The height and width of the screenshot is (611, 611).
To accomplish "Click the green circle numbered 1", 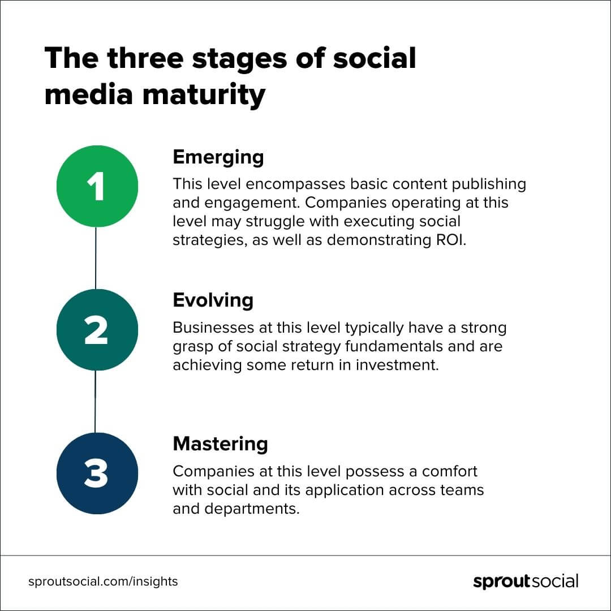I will (97, 186).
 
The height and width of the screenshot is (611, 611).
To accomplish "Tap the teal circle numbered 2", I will (97, 330).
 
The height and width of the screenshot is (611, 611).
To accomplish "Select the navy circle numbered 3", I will (97, 474).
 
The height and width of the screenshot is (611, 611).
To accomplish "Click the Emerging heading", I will (218, 157).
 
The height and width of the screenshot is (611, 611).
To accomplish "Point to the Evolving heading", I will (213, 300).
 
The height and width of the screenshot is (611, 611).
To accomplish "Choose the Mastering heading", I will (220, 444).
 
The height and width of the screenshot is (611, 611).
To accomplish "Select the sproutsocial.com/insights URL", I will (103, 581).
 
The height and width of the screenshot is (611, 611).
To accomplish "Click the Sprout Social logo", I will (526, 582).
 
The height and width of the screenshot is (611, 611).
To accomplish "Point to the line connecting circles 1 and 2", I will (96, 258).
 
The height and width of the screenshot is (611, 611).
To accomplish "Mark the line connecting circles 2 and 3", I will (95, 402).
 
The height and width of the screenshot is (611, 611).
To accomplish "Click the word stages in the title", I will (264, 59).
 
